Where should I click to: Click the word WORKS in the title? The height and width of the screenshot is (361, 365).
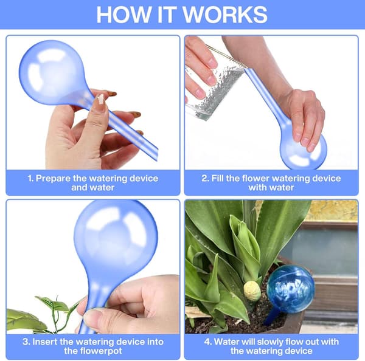click(226, 15)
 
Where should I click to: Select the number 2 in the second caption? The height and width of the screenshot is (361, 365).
click(205, 179)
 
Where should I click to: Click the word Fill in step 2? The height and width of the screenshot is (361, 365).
click(217, 179)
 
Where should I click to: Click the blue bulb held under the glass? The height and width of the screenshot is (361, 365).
click(302, 149)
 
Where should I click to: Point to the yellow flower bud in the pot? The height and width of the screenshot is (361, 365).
click(252, 291)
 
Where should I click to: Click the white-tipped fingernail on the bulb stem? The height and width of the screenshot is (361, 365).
click(101, 99)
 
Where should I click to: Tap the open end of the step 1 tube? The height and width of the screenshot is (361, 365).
click(156, 155)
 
